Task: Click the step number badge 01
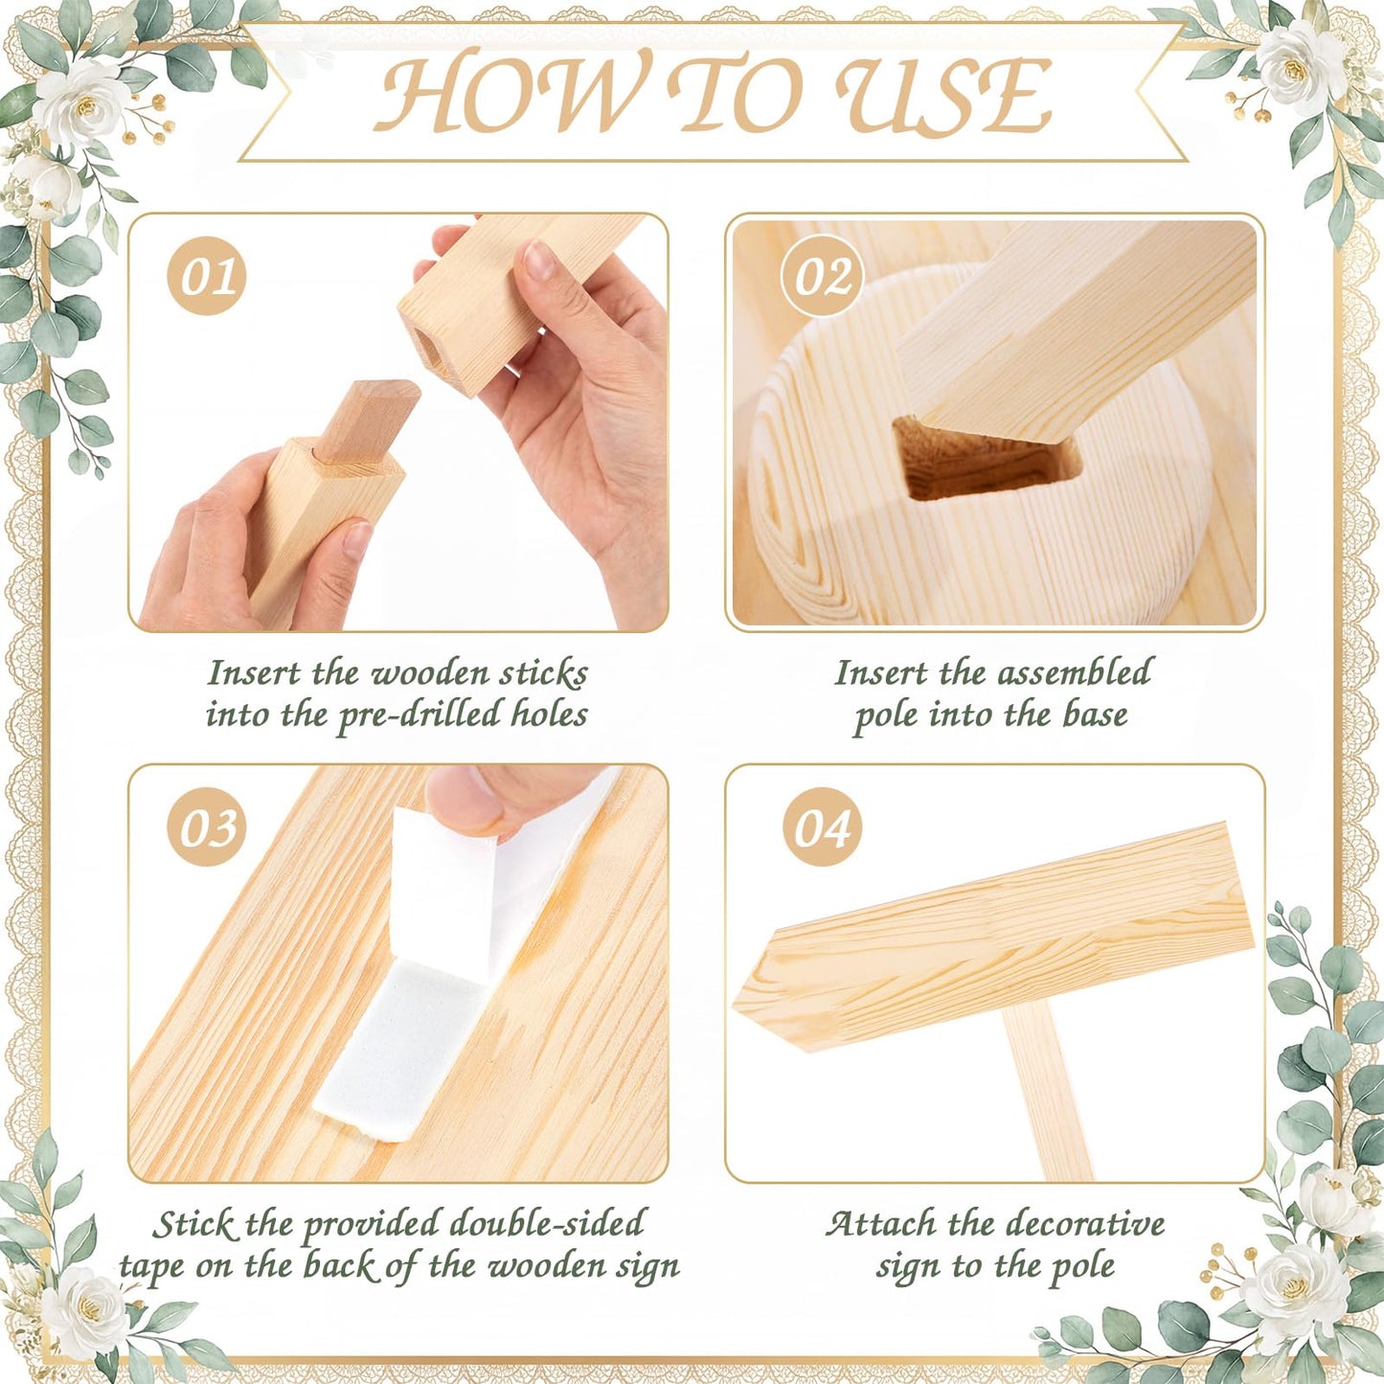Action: coord(206,276)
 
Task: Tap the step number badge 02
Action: coord(823,276)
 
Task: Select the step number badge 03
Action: coord(206,828)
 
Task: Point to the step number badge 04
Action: coord(823,828)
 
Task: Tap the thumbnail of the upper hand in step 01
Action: coord(538,260)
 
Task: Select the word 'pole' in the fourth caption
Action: coord(1082,1267)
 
